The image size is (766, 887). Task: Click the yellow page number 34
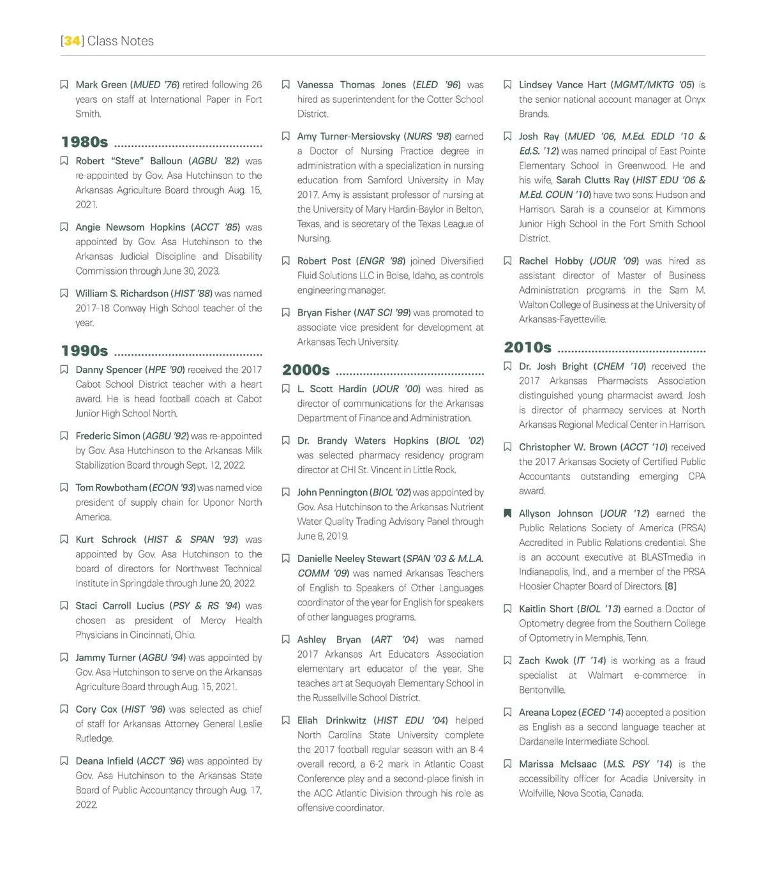(x=72, y=41)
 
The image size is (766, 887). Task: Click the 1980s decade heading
(x=85, y=142)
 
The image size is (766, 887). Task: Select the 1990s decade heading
(x=85, y=351)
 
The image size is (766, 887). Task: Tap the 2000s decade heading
(x=306, y=370)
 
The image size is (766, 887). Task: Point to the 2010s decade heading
(x=528, y=347)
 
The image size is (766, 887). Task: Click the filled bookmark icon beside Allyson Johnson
(x=507, y=513)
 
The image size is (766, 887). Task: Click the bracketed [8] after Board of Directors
(x=670, y=586)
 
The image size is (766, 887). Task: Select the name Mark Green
(x=101, y=84)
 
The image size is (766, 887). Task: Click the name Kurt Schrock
(x=106, y=539)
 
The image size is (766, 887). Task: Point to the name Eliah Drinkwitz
(x=331, y=720)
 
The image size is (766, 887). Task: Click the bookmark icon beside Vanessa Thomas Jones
(x=285, y=84)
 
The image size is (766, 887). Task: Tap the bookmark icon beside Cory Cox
(x=64, y=709)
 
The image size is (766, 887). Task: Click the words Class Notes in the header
(x=121, y=41)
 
